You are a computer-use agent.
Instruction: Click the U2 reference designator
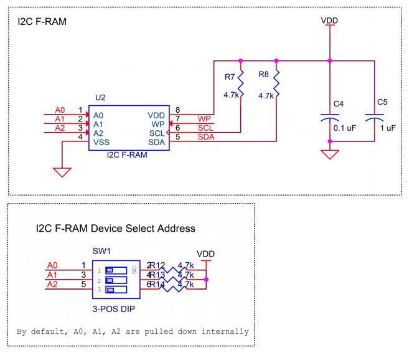[100, 98]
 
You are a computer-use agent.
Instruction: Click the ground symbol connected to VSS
[63, 172]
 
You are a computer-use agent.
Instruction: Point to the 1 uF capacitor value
[387, 128]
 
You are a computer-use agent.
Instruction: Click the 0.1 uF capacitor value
[344, 128]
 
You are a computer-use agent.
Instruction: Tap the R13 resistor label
[158, 275]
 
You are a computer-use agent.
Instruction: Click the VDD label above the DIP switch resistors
[205, 254]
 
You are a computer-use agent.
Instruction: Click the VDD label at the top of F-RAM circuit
[329, 21]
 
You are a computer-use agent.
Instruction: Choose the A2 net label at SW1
[53, 284]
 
